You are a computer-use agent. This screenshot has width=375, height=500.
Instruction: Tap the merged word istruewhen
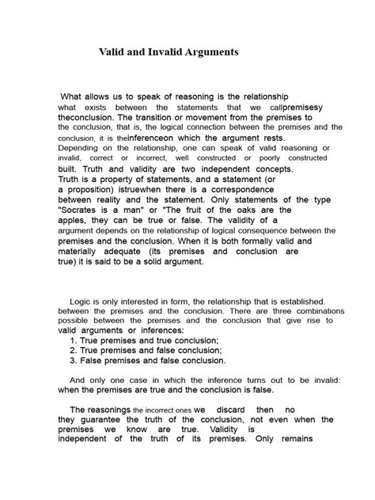(145, 190)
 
